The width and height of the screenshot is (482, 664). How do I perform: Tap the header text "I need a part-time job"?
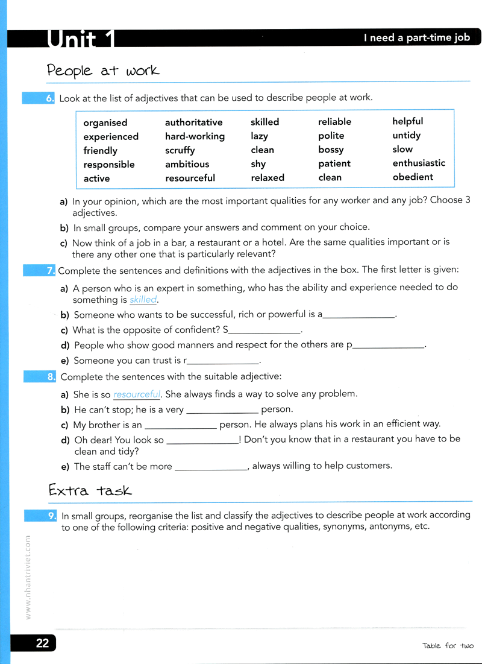(x=416, y=37)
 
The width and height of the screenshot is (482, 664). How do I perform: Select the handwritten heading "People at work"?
(x=103, y=71)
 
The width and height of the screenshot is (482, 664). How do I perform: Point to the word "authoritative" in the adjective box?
(x=193, y=122)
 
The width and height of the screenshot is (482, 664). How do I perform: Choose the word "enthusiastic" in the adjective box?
(x=419, y=163)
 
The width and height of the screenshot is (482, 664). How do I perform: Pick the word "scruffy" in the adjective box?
(x=180, y=150)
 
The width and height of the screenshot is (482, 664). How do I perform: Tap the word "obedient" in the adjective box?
(x=413, y=177)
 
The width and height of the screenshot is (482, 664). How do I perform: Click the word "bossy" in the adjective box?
(x=331, y=149)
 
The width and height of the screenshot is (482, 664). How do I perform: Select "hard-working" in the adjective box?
(x=195, y=136)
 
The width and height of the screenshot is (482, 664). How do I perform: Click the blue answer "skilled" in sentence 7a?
(x=143, y=300)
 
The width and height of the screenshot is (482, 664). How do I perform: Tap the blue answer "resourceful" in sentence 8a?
(x=137, y=394)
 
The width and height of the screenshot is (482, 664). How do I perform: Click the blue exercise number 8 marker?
(x=51, y=377)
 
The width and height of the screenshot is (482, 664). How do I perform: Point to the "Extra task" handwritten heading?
(x=90, y=490)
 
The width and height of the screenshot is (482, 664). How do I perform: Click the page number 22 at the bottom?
(x=42, y=643)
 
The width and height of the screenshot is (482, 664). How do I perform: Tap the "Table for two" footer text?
(x=448, y=646)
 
